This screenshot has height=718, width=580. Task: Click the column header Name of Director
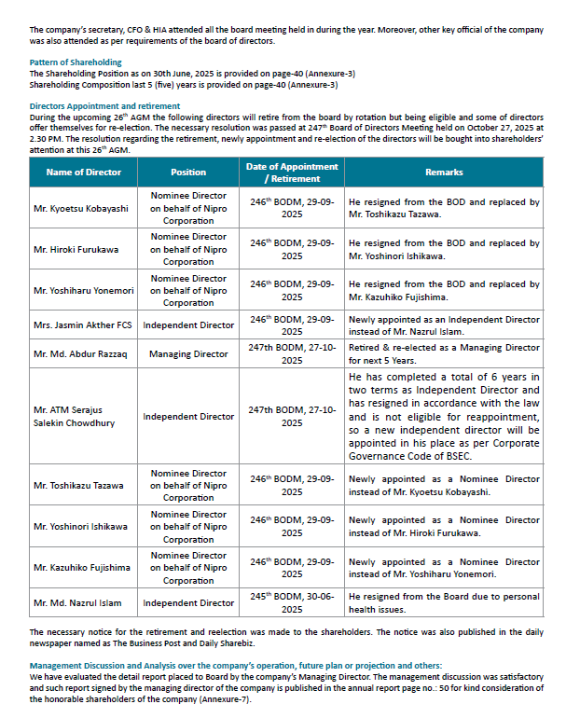84,173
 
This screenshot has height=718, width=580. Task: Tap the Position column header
188,173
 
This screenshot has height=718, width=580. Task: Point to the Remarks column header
444,173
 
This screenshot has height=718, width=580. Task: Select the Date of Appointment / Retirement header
292,173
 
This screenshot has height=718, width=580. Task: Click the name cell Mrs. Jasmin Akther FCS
82,325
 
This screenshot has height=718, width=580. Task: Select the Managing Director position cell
188,354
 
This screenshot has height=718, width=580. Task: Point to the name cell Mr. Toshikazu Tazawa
79,486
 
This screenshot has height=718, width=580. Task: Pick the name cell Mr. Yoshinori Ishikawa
81,527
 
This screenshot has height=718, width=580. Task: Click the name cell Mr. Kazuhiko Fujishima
82,568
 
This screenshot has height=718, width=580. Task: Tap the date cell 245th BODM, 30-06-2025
292,603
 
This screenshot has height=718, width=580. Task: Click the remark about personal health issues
444,603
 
